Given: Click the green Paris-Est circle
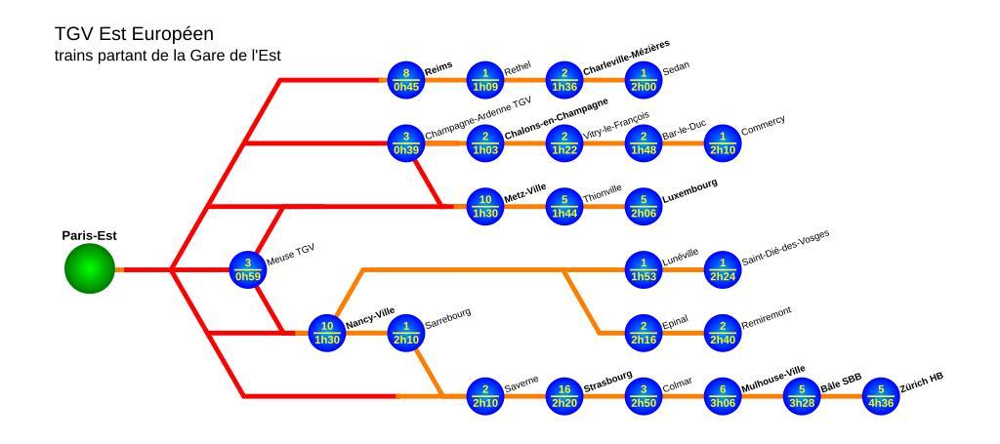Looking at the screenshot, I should click(x=89, y=268).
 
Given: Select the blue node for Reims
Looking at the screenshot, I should click(x=405, y=80).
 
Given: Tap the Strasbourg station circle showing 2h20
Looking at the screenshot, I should click(x=563, y=395).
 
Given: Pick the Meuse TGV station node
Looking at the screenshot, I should click(x=248, y=268).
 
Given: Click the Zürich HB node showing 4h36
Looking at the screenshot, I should click(x=880, y=395).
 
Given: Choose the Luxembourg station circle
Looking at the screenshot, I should click(x=643, y=206).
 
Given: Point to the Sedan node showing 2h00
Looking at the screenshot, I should click(x=643, y=80).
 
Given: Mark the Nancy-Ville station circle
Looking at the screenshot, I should click(x=327, y=333).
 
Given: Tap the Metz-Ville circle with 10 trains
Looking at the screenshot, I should click(x=484, y=206).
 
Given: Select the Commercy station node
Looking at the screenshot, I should click(x=722, y=142).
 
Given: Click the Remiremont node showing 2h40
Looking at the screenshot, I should click(x=722, y=333).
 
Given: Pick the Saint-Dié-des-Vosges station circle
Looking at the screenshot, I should click(x=722, y=268).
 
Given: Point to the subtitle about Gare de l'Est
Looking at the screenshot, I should click(x=168, y=56).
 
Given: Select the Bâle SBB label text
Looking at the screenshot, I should click(x=842, y=384).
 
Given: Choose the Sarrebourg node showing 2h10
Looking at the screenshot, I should click(x=405, y=333).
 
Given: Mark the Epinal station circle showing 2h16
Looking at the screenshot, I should click(x=643, y=333).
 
